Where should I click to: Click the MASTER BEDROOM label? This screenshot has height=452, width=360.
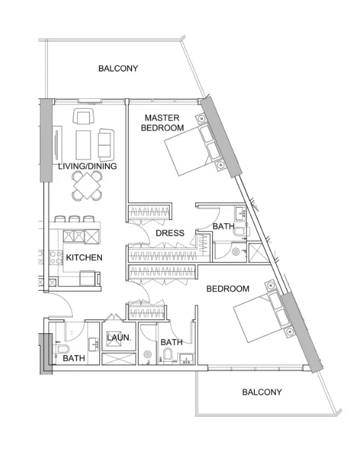[162, 122]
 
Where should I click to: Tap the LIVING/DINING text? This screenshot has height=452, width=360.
[87, 167]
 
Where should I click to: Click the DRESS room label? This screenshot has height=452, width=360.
[170, 233]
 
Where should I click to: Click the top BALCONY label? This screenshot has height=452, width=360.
[118, 68]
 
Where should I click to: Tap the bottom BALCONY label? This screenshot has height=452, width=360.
[262, 392]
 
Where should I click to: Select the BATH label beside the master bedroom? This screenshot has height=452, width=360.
[223, 226]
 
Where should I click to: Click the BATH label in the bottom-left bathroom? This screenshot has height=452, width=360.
[73, 358]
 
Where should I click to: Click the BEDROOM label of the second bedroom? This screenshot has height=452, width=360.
[228, 288]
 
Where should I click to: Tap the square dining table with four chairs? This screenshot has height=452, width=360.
[88, 185]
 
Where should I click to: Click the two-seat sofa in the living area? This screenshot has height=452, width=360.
[105, 144]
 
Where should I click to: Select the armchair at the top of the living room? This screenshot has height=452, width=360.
[83, 116]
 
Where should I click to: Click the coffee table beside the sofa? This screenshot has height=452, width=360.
[83, 144]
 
